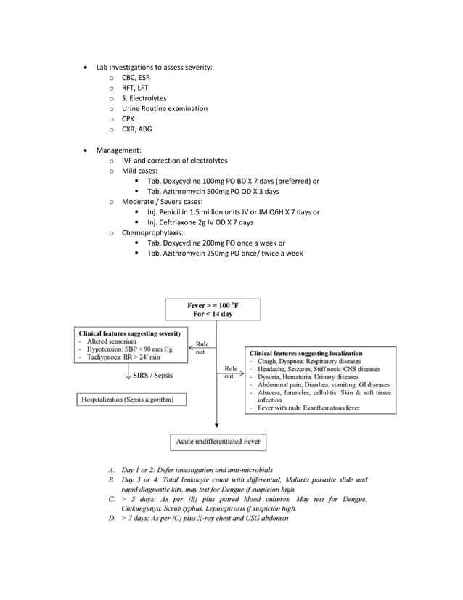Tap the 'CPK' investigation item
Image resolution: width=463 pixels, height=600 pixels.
point(128,119)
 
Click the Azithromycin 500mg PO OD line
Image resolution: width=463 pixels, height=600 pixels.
point(213,192)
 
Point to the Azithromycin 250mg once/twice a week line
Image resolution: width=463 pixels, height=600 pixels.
point(224,254)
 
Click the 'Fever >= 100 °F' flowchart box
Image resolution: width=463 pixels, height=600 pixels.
point(213,309)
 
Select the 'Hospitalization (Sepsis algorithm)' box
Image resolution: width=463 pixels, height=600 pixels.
point(131,399)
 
